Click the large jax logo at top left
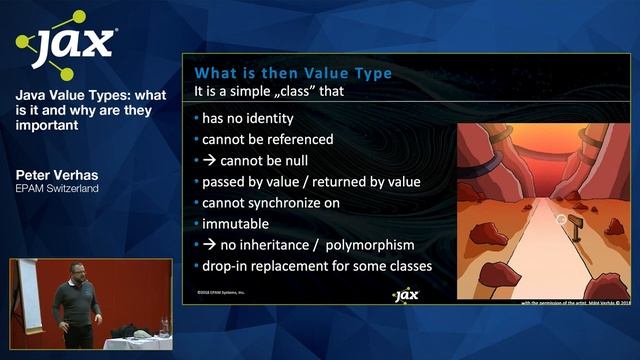tap(66, 45)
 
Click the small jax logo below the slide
tap(404, 295)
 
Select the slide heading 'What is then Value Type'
tap(292, 73)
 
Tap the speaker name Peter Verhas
tap(56, 174)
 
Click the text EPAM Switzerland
tap(57, 188)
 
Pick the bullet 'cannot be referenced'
tap(267, 139)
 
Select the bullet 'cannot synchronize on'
tap(270, 202)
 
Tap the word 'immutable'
tap(236, 223)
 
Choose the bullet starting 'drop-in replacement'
tap(316, 265)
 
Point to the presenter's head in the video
tap(75, 273)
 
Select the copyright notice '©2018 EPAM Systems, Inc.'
tap(221, 293)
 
